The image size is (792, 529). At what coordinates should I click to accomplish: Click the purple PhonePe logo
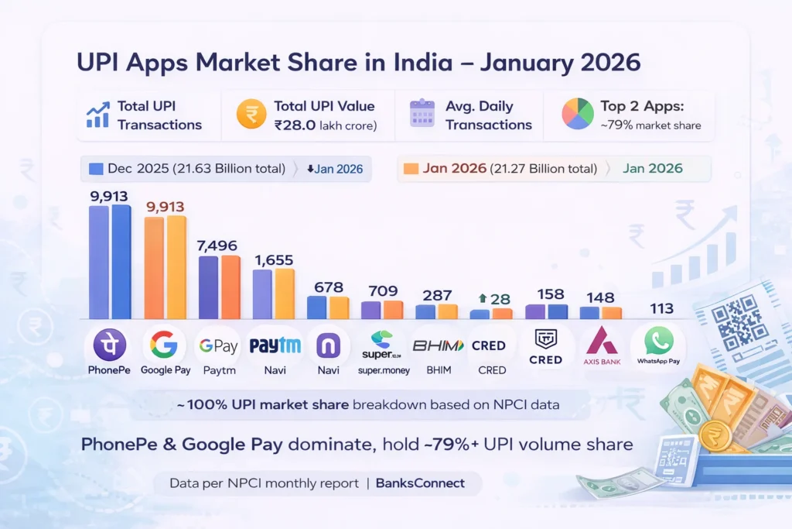tap(109, 344)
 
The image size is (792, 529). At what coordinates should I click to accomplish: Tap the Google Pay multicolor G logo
tap(164, 344)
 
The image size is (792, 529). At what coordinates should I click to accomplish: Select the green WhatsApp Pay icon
tap(658, 340)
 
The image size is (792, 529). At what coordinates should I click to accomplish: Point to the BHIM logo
tap(437, 345)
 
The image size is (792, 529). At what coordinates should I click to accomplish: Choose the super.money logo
tap(382, 345)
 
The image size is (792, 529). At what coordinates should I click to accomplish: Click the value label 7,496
tap(220, 246)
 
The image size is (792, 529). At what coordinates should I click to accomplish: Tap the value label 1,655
tap(273, 260)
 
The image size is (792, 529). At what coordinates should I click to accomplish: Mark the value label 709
tap(383, 291)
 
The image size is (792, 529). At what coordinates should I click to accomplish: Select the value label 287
tap(437, 295)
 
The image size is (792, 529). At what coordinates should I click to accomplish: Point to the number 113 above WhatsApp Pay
tap(661, 308)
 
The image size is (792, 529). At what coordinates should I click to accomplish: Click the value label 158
tap(546, 295)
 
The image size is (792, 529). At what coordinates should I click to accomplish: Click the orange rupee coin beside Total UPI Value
tap(251, 115)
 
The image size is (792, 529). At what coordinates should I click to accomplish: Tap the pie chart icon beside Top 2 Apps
tap(577, 115)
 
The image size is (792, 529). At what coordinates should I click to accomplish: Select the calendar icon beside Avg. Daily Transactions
tap(422, 115)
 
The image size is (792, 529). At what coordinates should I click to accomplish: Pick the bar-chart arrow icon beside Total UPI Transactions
tap(97, 115)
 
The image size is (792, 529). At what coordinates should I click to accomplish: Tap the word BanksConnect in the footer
tap(420, 483)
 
